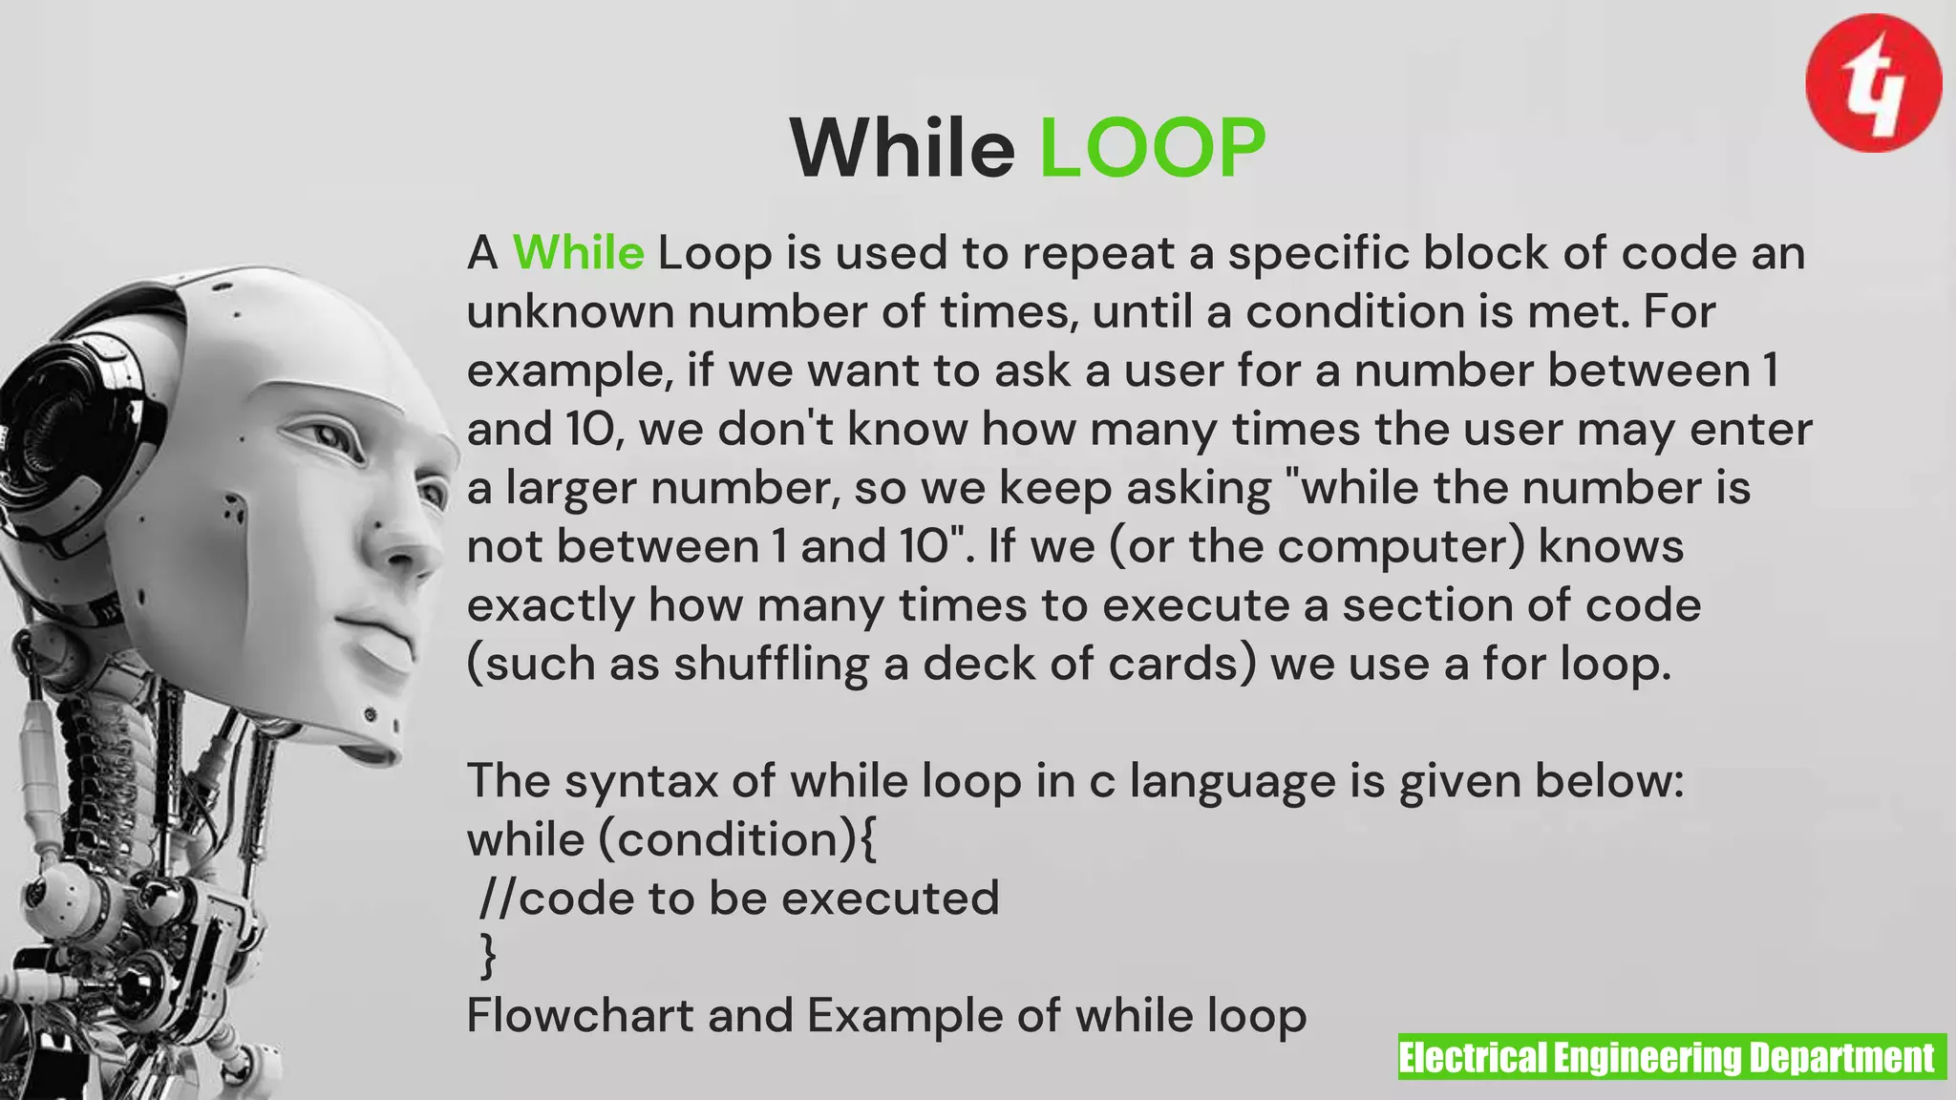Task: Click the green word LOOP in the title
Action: point(1152,148)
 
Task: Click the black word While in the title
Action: point(903,148)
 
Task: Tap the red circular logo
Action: point(1873,83)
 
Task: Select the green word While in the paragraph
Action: point(578,253)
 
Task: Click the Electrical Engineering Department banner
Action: point(1671,1057)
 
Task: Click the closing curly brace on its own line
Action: point(488,955)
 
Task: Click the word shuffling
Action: point(771,664)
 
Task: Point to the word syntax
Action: point(640,782)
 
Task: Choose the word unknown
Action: point(570,312)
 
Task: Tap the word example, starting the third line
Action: point(569,371)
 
